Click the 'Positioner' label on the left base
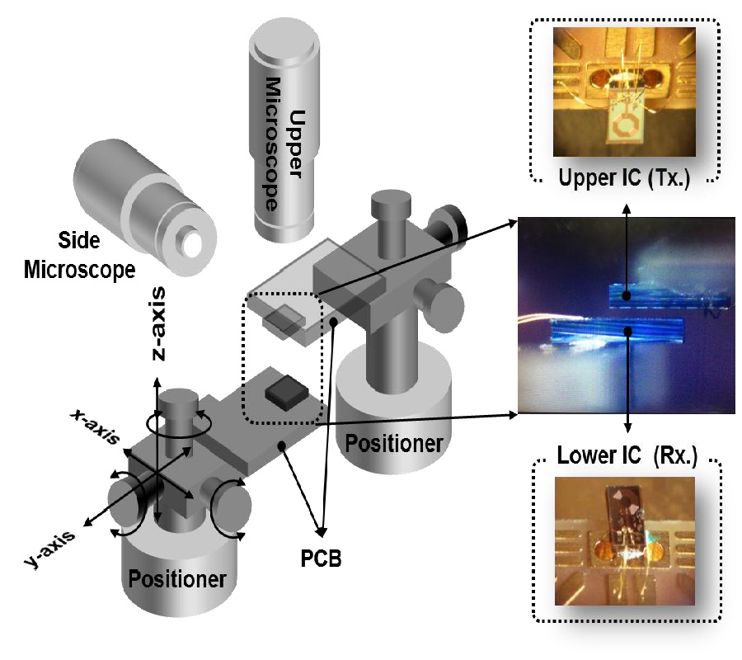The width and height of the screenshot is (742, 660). coord(177,578)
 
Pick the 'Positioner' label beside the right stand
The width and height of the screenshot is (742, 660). coord(393,443)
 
